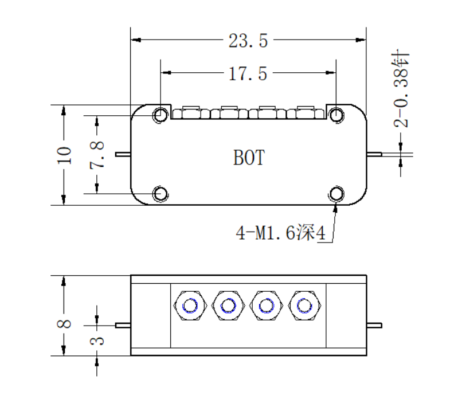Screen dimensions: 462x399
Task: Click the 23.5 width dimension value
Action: tap(248, 41)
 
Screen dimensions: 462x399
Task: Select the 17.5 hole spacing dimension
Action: tap(248, 74)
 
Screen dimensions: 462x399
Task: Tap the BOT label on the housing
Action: tap(249, 157)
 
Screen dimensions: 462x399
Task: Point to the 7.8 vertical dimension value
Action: tap(97, 155)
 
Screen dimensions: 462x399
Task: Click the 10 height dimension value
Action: tap(64, 155)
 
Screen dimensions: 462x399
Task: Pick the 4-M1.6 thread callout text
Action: tap(280, 233)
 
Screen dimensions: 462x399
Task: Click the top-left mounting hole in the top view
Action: tap(160, 115)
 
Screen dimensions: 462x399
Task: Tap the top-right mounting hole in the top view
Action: tap(336, 115)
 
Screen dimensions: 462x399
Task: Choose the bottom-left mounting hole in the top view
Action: tap(160, 194)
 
